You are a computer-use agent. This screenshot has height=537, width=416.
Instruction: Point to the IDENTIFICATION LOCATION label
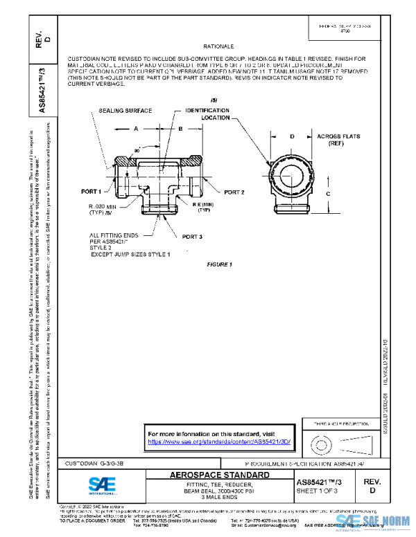pos(206,114)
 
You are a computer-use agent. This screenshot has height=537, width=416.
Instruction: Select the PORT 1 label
pos(91,191)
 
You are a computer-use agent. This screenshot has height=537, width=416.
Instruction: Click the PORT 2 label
pos(235,192)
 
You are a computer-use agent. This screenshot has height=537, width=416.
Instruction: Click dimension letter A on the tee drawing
pos(136,129)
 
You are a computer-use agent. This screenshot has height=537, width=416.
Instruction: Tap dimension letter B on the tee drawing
pos(180,129)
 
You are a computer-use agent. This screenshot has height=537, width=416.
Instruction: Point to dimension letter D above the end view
pos(292,136)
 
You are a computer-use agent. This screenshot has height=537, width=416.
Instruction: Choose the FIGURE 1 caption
pos(220,264)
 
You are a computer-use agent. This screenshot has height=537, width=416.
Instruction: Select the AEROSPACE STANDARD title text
pos(220,475)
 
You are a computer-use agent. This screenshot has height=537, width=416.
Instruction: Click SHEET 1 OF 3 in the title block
pos(318,491)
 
